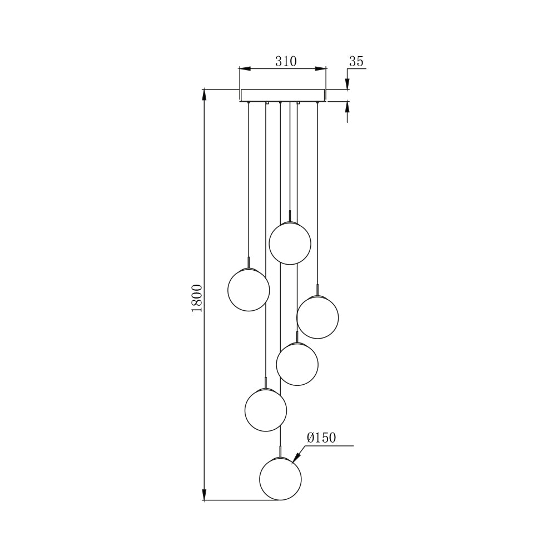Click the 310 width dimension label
tap(286, 61)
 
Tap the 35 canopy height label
tap(356, 61)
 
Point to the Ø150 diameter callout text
tap(321, 438)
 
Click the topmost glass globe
tap(290, 243)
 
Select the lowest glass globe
tap(281, 479)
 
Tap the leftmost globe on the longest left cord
tap(249, 290)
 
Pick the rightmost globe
tap(317, 317)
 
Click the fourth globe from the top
tap(297, 364)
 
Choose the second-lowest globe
tap(266, 410)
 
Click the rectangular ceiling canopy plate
tap(282, 95)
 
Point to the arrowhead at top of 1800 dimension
tap(205, 94)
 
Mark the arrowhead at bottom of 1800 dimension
tap(205, 495)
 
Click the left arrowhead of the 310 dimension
tap(245, 69)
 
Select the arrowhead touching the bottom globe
tap(295, 458)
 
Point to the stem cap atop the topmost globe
tap(290, 217)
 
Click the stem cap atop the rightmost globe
tap(317, 290)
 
